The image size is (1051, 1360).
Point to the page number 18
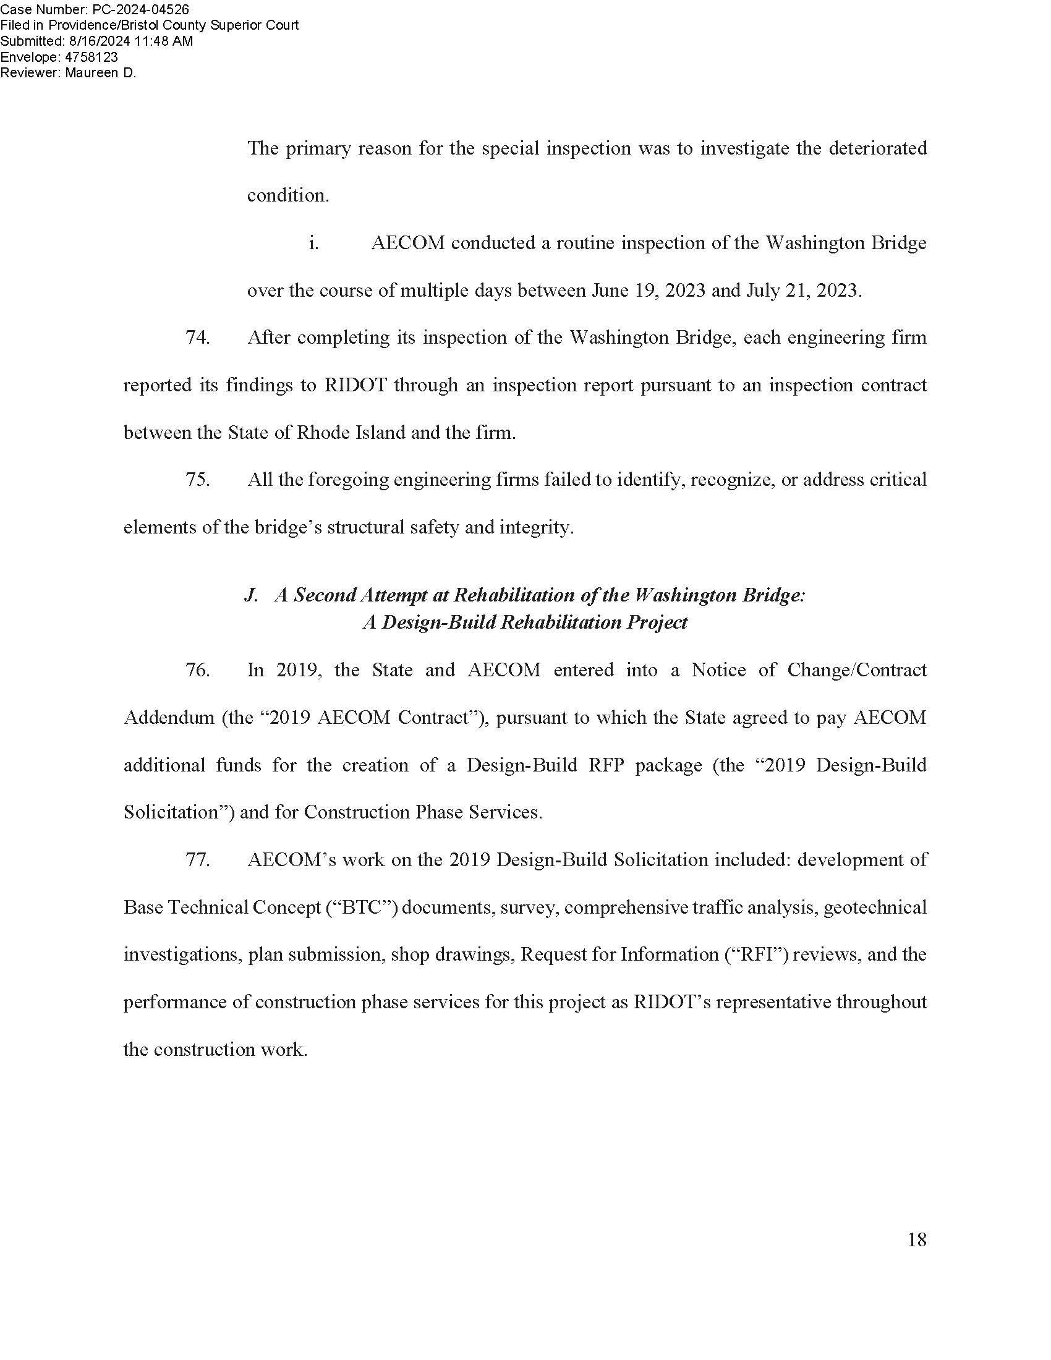(x=916, y=1240)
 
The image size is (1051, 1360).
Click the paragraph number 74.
(x=197, y=338)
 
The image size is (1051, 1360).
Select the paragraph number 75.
(x=197, y=480)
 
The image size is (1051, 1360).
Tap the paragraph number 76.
(x=197, y=670)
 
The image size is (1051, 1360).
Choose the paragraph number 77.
(x=197, y=860)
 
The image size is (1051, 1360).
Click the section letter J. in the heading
(x=251, y=595)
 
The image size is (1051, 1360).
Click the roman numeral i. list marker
(x=314, y=243)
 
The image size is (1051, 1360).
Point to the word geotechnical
(x=875, y=907)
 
